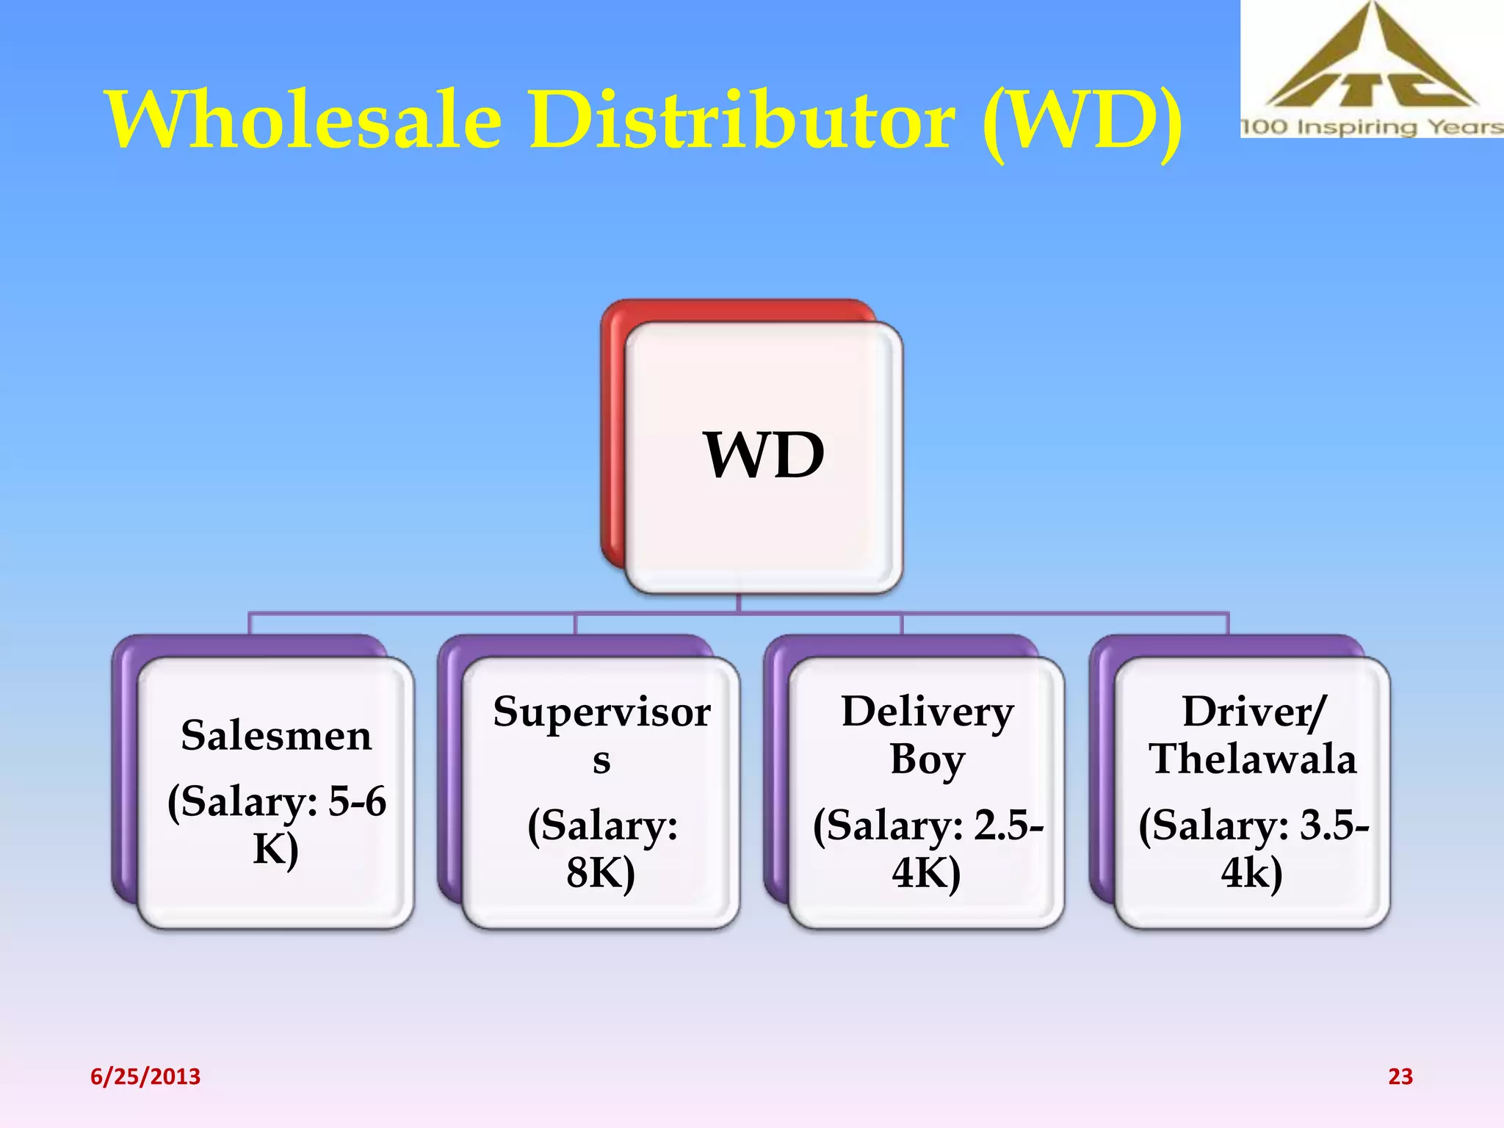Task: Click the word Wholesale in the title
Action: coord(305,120)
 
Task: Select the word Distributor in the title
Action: coord(742,120)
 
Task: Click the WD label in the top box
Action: coord(764,455)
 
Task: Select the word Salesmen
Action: coord(276,735)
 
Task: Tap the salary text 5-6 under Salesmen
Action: coord(357,800)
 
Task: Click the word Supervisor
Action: coord(601,712)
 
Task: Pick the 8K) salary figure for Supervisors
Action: coord(600,872)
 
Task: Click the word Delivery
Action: coord(928,712)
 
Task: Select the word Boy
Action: coord(927,759)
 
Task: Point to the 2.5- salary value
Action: coord(1008,825)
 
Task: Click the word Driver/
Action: coord(1254,712)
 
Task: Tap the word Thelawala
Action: coord(1253,759)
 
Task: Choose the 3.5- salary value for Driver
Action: coord(1334,825)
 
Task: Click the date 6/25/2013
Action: coord(145,1077)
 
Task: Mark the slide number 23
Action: coord(1400,1077)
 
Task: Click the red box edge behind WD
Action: coord(612,441)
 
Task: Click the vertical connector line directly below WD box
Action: coord(739,603)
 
